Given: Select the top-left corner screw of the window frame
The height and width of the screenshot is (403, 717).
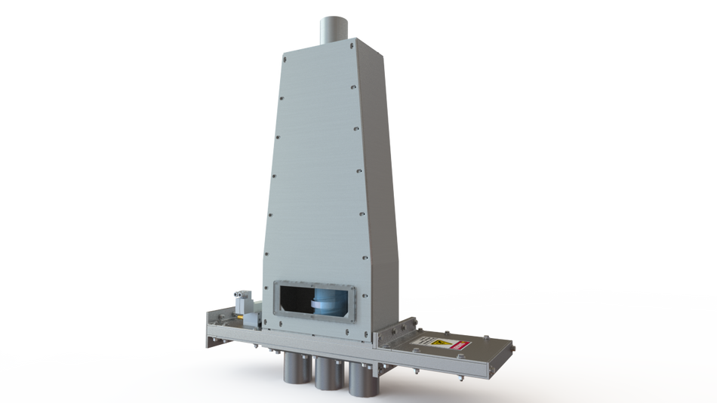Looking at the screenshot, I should [x=277, y=284].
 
